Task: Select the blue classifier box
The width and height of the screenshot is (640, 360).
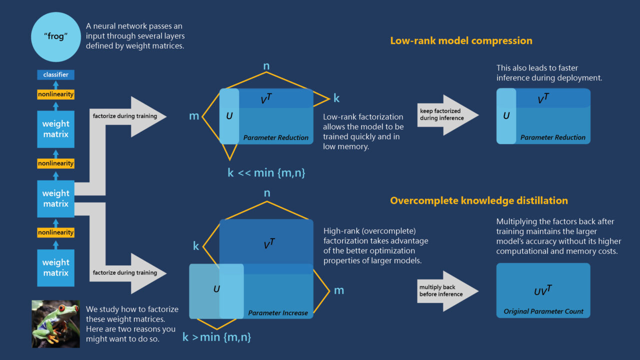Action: [x=55, y=75]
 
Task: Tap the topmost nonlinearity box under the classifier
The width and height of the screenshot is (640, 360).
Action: [x=55, y=94]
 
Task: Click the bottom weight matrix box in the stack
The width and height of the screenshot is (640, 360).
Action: [x=55, y=268]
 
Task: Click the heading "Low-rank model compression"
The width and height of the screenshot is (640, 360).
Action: [x=461, y=41]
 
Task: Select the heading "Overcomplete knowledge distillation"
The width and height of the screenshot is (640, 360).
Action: [x=478, y=200]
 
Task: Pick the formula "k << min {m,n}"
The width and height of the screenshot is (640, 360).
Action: [x=266, y=173]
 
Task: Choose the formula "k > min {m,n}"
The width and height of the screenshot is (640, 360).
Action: [x=216, y=337]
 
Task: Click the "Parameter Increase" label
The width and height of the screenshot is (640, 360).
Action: [x=278, y=313]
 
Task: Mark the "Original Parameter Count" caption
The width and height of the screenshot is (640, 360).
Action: [x=543, y=311]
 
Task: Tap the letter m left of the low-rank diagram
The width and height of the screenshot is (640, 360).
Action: [x=194, y=116]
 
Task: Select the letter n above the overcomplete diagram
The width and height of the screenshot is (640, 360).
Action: [x=267, y=193]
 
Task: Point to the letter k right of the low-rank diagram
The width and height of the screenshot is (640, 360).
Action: [x=336, y=98]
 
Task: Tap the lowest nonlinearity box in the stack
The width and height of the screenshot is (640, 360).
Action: [x=55, y=232]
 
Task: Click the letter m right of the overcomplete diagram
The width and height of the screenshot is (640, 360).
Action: [x=339, y=290]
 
